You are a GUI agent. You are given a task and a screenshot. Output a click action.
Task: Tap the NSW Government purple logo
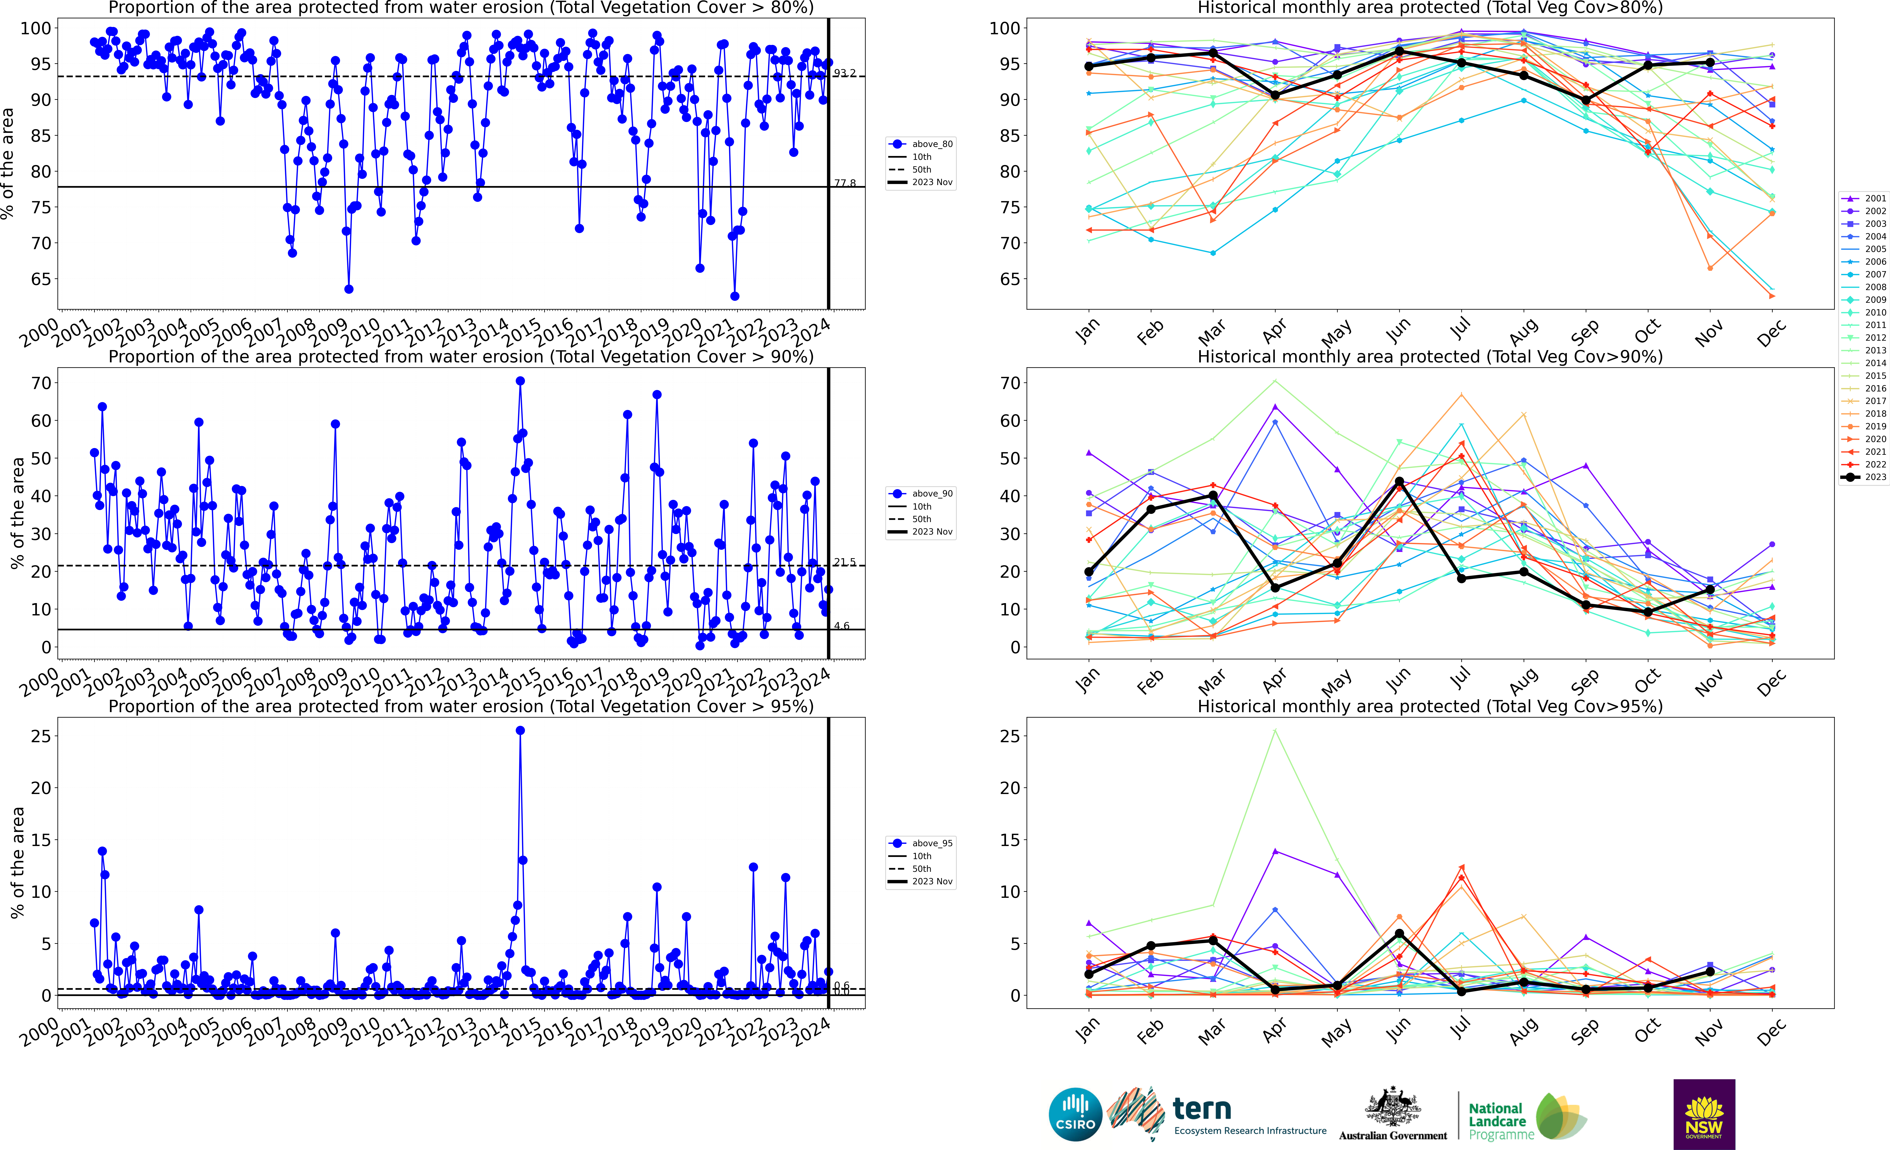1704,1114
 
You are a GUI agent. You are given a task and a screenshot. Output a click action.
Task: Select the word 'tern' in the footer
1202,1109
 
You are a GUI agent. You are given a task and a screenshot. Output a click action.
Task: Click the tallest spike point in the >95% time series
520,731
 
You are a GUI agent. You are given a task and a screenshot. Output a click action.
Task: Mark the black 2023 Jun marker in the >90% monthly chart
1399,481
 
